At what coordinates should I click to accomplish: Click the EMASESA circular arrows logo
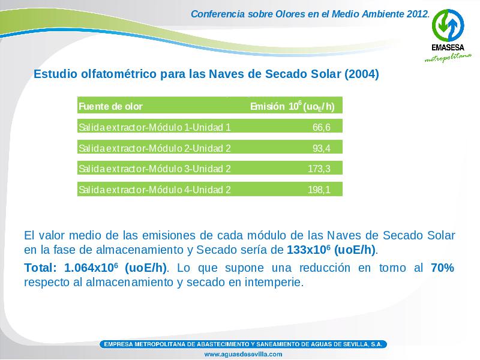click(x=448, y=25)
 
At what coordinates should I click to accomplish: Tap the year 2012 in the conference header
click(x=418, y=14)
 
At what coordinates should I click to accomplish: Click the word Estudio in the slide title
click(x=55, y=74)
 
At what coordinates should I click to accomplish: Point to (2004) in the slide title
click(x=362, y=74)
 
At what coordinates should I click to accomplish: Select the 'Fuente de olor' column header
click(x=110, y=107)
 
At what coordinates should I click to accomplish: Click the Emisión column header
click(x=292, y=106)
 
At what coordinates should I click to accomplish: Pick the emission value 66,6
click(x=322, y=127)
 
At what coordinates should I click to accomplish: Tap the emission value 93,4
click(x=322, y=148)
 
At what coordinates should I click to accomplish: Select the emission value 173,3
click(x=319, y=169)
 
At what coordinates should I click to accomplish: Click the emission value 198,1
click(x=319, y=190)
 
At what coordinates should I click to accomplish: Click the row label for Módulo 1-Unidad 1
click(x=155, y=127)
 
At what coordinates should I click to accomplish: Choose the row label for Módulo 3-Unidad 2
click(x=155, y=169)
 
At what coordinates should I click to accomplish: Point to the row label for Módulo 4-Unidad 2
click(x=155, y=190)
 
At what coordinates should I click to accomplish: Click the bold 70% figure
click(x=442, y=268)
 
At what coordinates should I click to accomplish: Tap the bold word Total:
click(x=40, y=268)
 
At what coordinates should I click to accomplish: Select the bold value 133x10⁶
click(x=310, y=250)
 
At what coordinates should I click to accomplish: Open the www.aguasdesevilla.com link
click(x=243, y=354)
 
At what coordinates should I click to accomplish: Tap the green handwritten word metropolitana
click(x=448, y=57)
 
